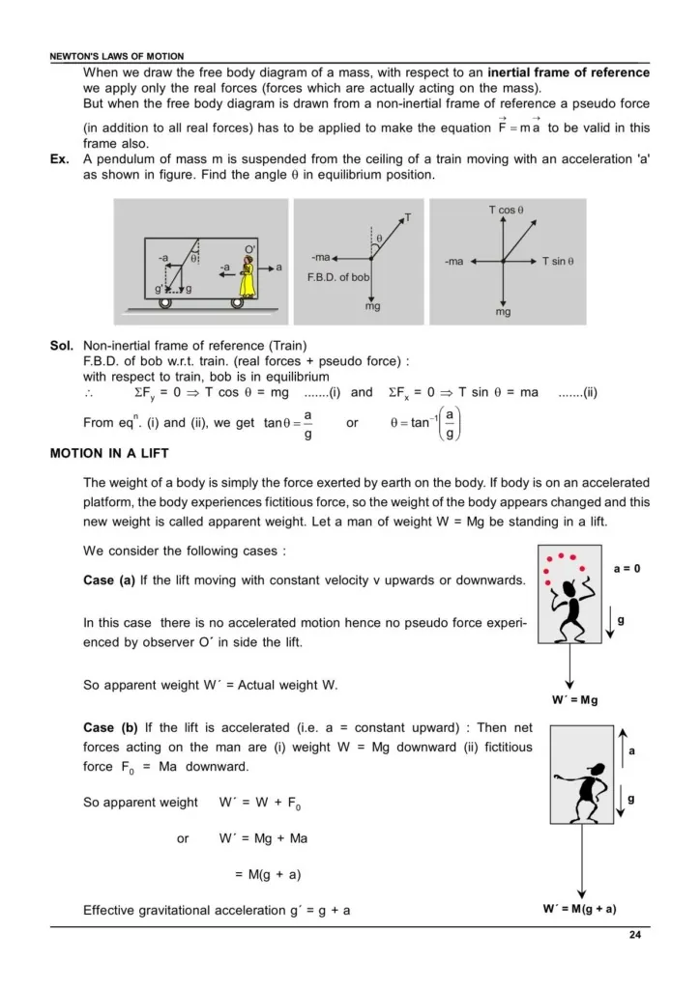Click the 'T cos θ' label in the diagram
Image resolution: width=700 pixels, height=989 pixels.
(x=506, y=210)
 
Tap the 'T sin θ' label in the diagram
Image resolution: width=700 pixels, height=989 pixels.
(x=558, y=261)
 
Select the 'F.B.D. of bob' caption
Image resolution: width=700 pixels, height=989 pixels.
(x=338, y=277)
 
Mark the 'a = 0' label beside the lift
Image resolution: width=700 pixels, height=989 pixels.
(x=626, y=568)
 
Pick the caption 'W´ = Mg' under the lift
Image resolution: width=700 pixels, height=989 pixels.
(x=574, y=700)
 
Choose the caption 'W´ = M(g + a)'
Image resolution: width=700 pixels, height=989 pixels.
(x=580, y=909)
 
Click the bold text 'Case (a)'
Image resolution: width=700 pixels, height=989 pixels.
(x=113, y=579)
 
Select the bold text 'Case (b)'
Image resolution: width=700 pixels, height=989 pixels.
(x=113, y=726)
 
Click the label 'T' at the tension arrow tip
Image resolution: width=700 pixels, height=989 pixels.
(x=407, y=217)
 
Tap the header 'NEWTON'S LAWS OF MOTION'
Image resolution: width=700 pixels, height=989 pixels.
(x=116, y=57)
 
